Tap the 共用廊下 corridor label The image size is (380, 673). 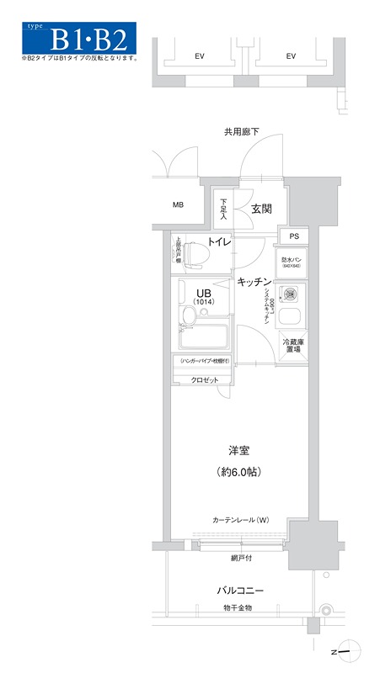(x=241, y=132)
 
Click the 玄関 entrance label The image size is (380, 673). (x=261, y=209)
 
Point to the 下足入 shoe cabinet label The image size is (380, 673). (x=223, y=209)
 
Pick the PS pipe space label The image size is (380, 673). (x=294, y=236)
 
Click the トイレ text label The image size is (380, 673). (x=221, y=242)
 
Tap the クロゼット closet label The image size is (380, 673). (x=204, y=380)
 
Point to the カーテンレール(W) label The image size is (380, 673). (x=240, y=519)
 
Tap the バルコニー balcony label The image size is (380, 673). (x=238, y=590)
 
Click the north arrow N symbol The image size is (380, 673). (x=335, y=650)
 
